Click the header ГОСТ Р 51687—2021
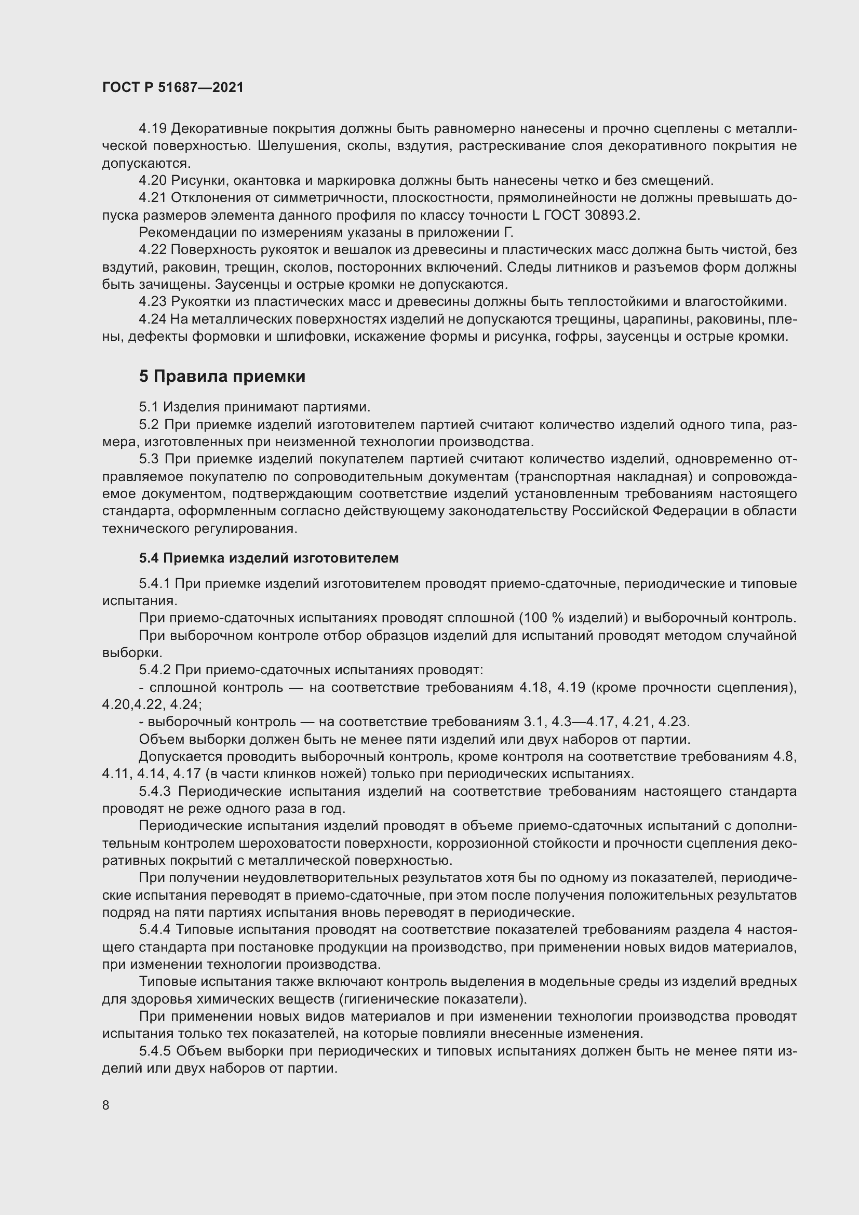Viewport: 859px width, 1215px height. pyautogui.click(x=173, y=88)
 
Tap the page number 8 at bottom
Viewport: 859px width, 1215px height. pyautogui.click(x=106, y=1105)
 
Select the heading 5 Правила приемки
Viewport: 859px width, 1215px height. pyautogui.click(x=222, y=376)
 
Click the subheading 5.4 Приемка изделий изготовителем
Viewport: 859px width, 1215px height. pyautogui.click(x=269, y=558)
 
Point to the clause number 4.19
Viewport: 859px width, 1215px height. pyautogui.click(x=153, y=129)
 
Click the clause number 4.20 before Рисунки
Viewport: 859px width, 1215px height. pyautogui.click(x=153, y=180)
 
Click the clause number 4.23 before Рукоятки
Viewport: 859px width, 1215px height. pyautogui.click(x=153, y=302)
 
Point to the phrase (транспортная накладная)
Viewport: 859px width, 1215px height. pyautogui.click(x=603, y=476)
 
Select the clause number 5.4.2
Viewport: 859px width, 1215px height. pyautogui.click(x=154, y=670)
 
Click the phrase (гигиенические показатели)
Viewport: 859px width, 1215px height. pyautogui.click(x=433, y=999)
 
